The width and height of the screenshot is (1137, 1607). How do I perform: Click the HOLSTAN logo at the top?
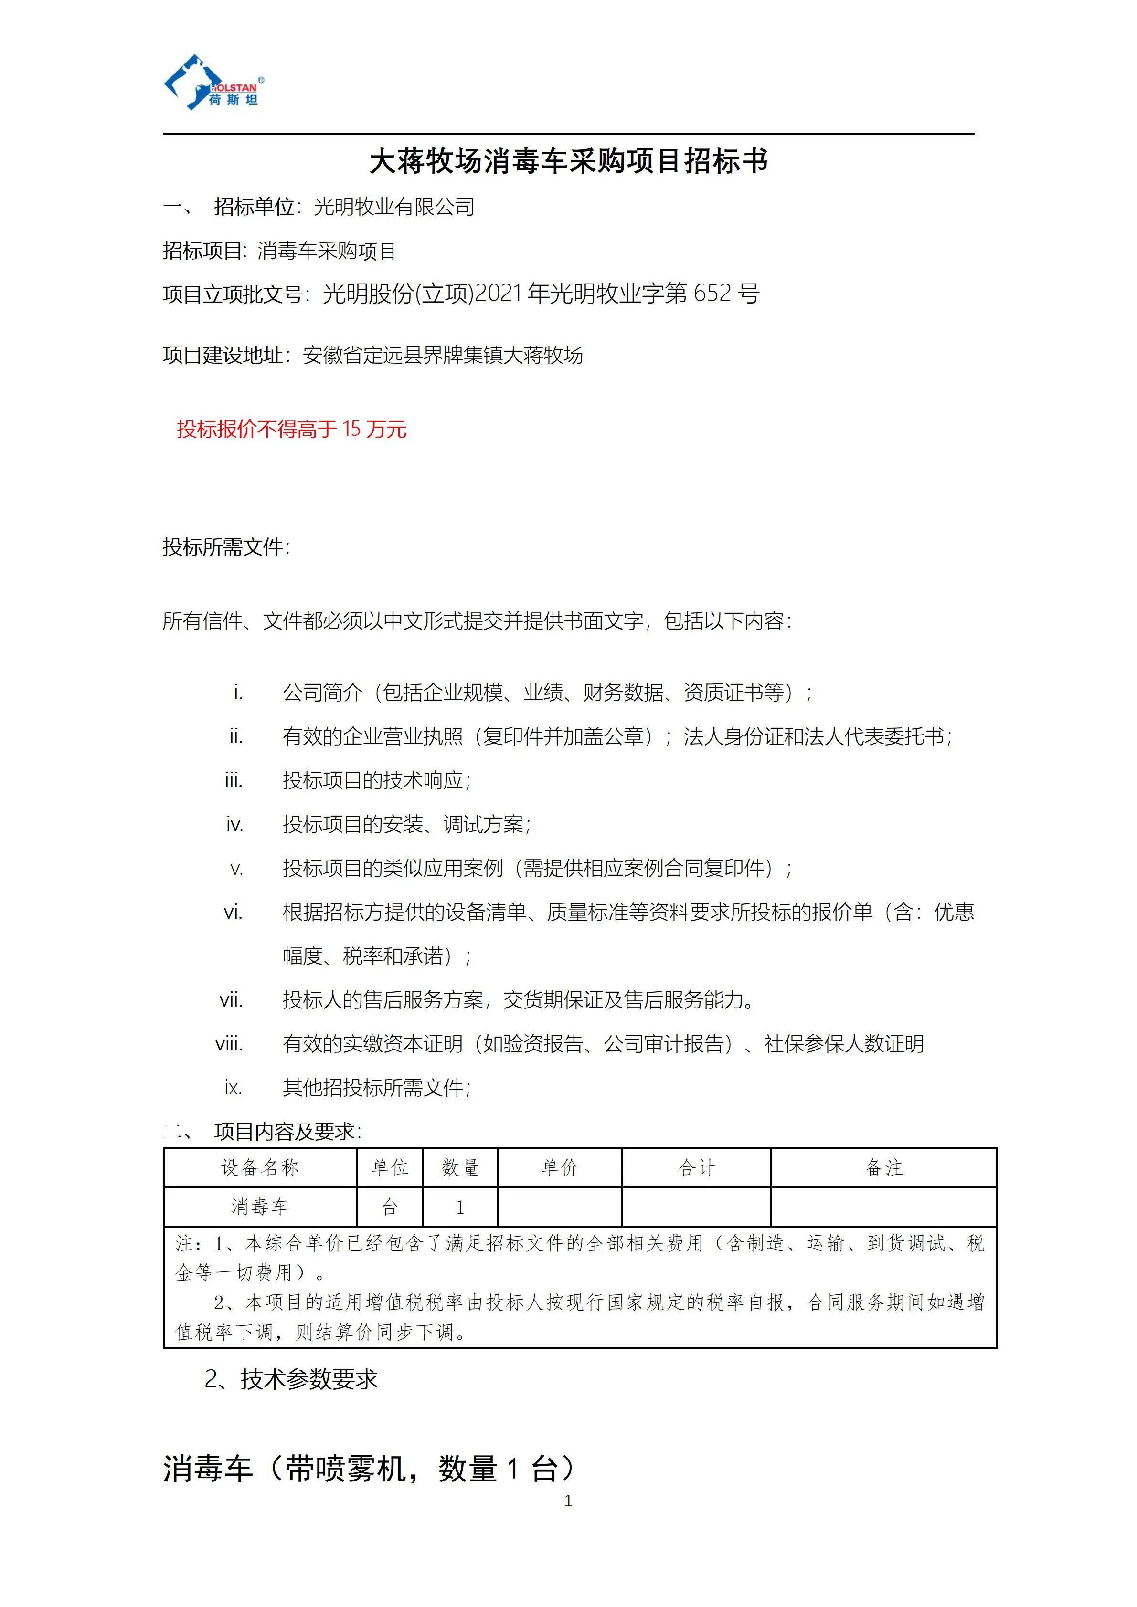pyautogui.click(x=213, y=84)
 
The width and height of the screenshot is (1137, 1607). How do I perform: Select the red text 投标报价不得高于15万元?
pyautogui.click(x=291, y=429)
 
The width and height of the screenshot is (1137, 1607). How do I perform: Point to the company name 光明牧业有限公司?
pyautogui.click(x=394, y=207)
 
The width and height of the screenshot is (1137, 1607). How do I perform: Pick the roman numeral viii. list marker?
pyautogui.click(x=230, y=1043)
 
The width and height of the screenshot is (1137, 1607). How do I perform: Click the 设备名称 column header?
pyautogui.click(x=260, y=1167)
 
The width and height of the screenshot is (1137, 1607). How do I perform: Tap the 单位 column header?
pyautogui.click(x=390, y=1167)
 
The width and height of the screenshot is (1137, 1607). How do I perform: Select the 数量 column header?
pyautogui.click(x=460, y=1167)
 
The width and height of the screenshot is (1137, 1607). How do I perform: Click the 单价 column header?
pyautogui.click(x=560, y=1167)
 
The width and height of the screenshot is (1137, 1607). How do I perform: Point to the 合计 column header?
pyautogui.click(x=697, y=1167)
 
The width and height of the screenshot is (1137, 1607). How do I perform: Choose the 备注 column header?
pyautogui.click(x=883, y=1167)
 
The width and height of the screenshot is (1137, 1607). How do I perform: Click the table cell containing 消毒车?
pyautogui.click(x=260, y=1207)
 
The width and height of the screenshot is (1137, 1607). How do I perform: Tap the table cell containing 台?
pyautogui.click(x=390, y=1207)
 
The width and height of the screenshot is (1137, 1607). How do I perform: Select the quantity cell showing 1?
pyautogui.click(x=460, y=1207)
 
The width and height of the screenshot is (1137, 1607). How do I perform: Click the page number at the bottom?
pyautogui.click(x=568, y=1501)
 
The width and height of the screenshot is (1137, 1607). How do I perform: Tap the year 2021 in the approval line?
pyautogui.click(x=499, y=293)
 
